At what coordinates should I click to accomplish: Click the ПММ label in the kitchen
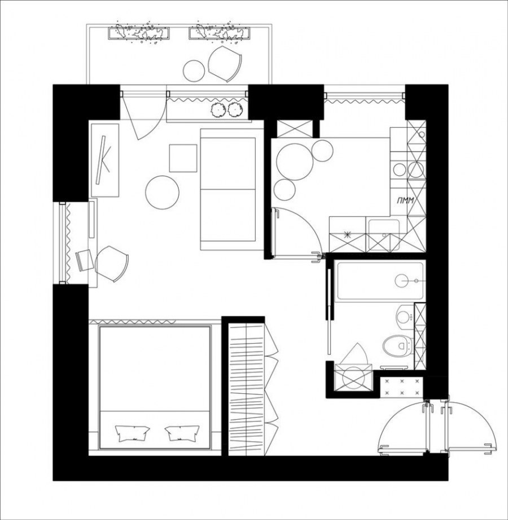(x=405, y=201)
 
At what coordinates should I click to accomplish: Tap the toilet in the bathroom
(x=398, y=345)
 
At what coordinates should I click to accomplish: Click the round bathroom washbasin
(x=405, y=317)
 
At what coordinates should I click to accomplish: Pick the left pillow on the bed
(x=132, y=433)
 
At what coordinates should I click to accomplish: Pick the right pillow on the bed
(x=182, y=433)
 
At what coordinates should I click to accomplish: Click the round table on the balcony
(x=194, y=70)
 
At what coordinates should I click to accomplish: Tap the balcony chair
(x=225, y=64)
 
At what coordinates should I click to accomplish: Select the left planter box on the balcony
(x=139, y=33)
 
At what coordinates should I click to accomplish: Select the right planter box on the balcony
(x=220, y=33)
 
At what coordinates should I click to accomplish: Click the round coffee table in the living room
(x=163, y=192)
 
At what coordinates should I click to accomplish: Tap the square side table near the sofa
(x=183, y=158)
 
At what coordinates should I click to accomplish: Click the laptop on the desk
(x=85, y=260)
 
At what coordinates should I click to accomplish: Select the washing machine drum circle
(x=353, y=377)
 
